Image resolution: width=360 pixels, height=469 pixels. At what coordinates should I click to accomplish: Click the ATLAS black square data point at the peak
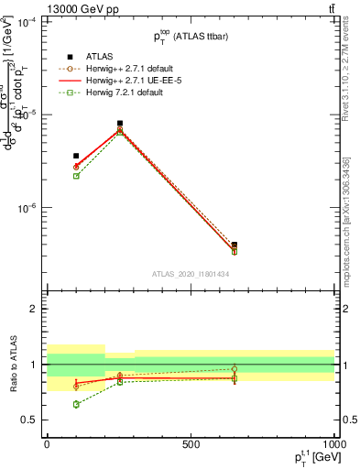(x=120, y=124)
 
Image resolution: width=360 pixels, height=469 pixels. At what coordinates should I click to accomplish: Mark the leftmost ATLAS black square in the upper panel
(x=76, y=157)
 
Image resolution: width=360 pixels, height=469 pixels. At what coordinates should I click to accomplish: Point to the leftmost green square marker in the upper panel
(x=76, y=176)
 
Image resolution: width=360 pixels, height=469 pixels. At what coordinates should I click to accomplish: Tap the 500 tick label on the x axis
(x=191, y=444)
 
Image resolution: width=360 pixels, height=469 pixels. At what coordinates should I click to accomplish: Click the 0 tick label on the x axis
(x=47, y=444)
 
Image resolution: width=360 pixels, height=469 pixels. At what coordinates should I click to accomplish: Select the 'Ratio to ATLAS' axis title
(x=12, y=365)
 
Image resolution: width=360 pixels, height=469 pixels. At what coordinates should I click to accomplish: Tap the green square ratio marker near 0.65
(x=76, y=404)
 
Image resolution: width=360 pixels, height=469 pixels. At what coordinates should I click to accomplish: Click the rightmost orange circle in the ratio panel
(x=235, y=369)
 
